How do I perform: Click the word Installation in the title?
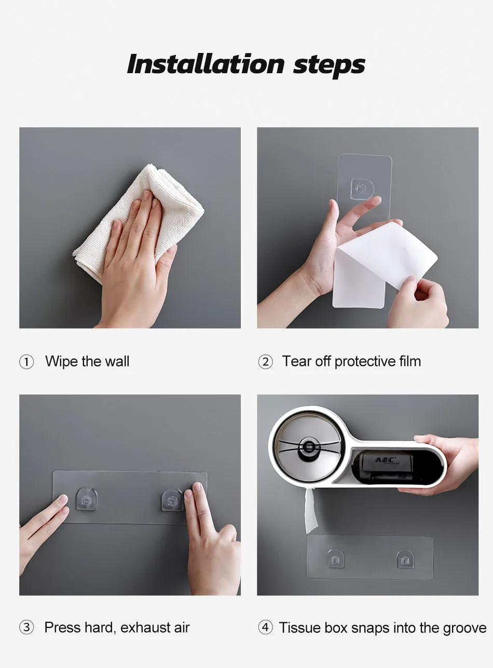206,64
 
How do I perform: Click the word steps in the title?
329,65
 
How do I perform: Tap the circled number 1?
26,362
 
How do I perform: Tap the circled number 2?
265,362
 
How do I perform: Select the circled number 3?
26,628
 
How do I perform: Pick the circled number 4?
265,628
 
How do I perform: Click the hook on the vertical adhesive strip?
362,189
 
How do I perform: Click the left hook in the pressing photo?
87,498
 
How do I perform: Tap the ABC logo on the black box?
385,460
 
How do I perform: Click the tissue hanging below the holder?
311,511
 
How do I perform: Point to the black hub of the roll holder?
308,448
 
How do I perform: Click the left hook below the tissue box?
336,559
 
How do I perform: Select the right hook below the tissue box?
405,560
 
